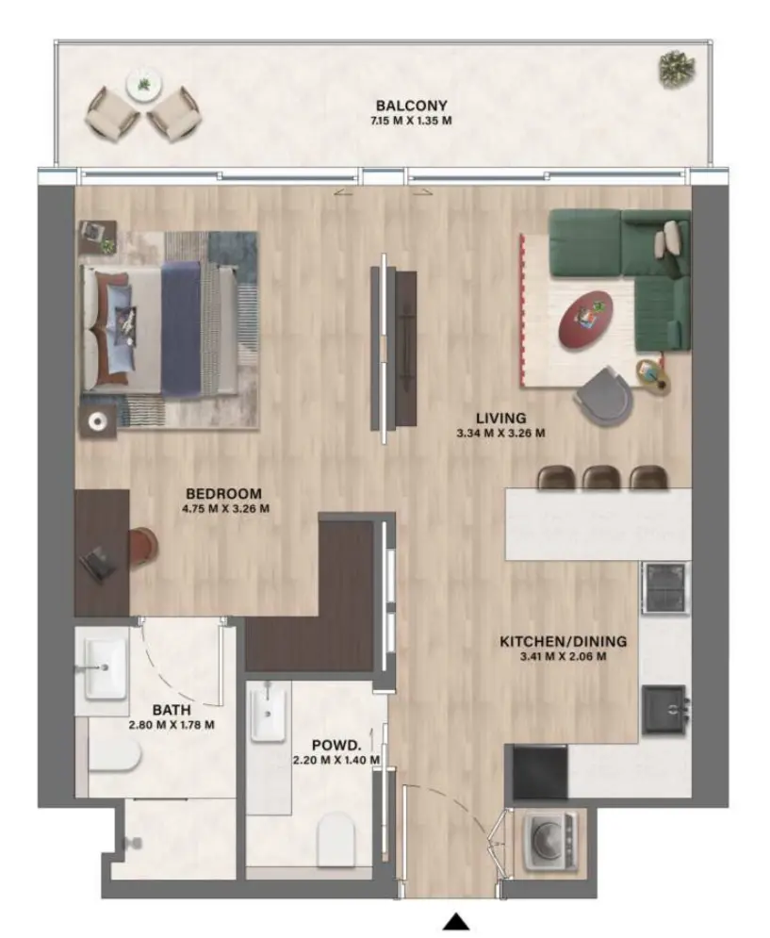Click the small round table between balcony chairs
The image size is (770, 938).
pyautogui.click(x=143, y=86)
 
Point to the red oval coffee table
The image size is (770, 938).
pyautogui.click(x=585, y=319)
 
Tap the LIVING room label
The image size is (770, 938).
pyautogui.click(x=500, y=418)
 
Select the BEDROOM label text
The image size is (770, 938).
pyautogui.click(x=223, y=493)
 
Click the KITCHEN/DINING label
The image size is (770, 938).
pyautogui.click(x=563, y=642)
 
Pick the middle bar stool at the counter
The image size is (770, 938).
pyautogui.click(x=600, y=477)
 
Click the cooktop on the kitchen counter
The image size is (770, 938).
pyautogui.click(x=665, y=587)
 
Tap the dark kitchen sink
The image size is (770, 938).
pyautogui.click(x=665, y=709)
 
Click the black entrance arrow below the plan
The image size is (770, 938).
pyautogui.click(x=456, y=921)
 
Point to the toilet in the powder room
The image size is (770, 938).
pyautogui.click(x=336, y=838)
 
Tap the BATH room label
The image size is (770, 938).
pyautogui.click(x=172, y=709)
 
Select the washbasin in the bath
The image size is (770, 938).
pyautogui.click(x=106, y=666)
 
